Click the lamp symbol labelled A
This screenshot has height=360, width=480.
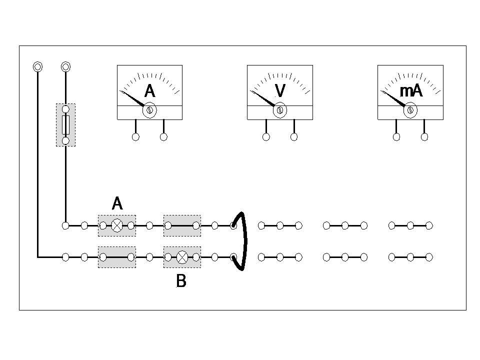(x=116, y=225)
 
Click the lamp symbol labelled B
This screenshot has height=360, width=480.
(x=182, y=257)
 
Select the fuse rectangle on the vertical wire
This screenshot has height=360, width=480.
(x=65, y=125)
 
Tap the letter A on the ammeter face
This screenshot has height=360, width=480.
(x=149, y=91)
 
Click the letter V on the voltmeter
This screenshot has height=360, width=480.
(x=280, y=91)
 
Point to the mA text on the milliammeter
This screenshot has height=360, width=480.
(x=411, y=91)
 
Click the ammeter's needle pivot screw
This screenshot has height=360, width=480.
(x=149, y=110)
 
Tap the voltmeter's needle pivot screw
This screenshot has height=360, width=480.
(x=280, y=110)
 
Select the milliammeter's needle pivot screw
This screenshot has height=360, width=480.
(x=410, y=110)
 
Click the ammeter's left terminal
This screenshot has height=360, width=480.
(x=135, y=137)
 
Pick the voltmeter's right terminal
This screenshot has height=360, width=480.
(x=294, y=137)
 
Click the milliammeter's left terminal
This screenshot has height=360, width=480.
(x=396, y=137)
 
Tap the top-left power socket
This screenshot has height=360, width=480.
(x=37, y=66)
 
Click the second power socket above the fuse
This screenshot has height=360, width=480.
(x=65, y=66)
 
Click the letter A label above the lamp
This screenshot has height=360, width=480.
(x=117, y=203)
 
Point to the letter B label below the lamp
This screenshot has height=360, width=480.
(x=181, y=281)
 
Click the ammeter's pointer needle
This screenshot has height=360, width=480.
(x=132, y=98)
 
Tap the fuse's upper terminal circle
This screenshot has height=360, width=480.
(x=65, y=109)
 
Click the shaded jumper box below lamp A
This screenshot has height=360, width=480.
(x=116, y=257)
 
